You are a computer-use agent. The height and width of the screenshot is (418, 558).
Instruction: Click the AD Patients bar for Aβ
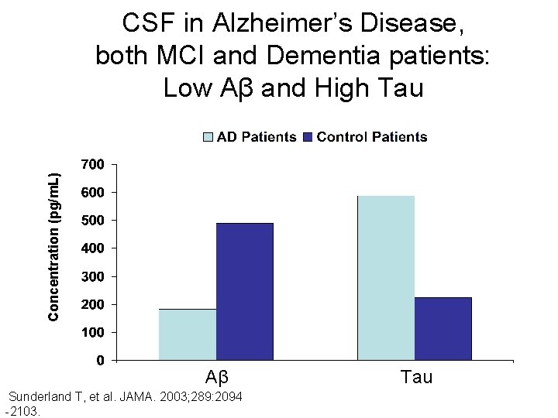click(188, 334)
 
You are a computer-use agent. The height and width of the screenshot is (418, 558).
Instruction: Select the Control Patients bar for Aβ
click(245, 292)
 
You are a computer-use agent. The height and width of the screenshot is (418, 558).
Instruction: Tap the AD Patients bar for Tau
click(386, 278)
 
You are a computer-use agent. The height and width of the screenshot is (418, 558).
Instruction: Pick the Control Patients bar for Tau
click(443, 328)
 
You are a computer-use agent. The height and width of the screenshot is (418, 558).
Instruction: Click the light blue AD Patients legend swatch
click(208, 137)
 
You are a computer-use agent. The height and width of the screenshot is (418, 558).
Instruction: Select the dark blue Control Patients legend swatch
click(308, 137)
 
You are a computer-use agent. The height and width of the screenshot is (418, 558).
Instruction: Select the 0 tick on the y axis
click(102, 360)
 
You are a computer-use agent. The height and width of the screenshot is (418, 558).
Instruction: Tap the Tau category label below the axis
click(416, 378)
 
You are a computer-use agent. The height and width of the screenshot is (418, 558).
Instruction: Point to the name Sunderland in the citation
click(40, 397)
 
